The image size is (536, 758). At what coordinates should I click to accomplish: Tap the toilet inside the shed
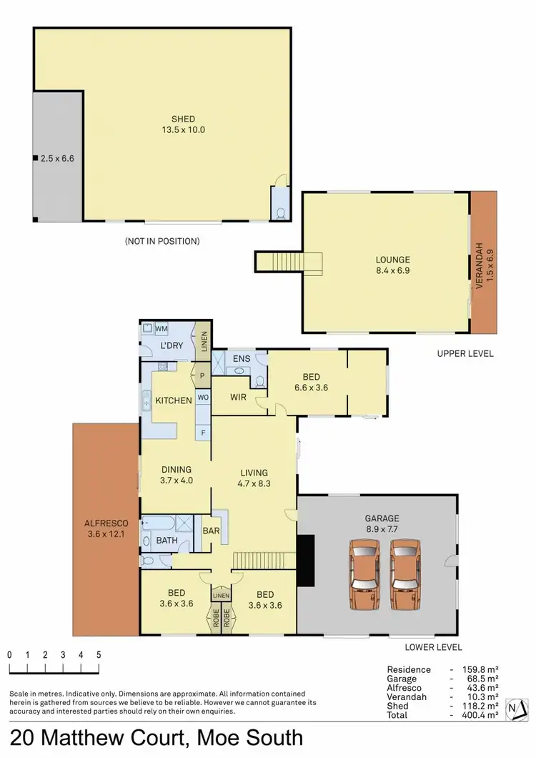coord(279,212)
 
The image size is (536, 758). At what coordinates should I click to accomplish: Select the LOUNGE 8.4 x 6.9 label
coord(385,265)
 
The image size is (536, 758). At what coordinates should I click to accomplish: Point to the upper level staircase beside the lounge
coord(289,262)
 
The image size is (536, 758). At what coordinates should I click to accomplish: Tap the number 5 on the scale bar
coord(98,655)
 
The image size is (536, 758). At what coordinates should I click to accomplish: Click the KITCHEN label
coord(174,400)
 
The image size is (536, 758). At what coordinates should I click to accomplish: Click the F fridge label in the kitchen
coord(203,432)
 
